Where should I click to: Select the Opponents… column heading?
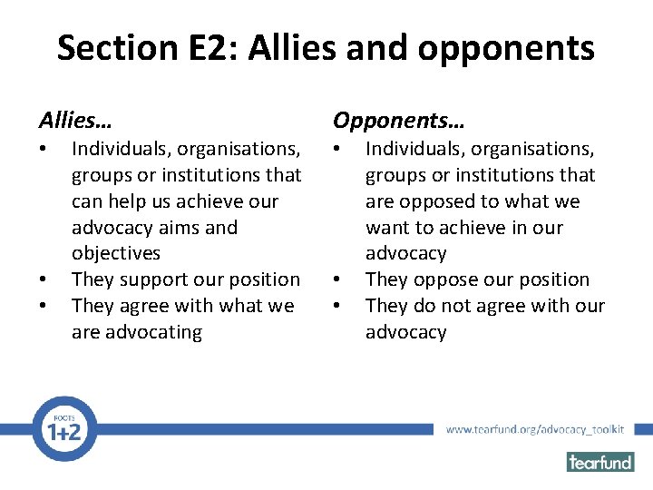(398, 120)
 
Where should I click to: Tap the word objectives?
(115, 254)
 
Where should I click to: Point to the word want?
(387, 228)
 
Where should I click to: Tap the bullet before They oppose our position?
(337, 280)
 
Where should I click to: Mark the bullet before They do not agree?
(337, 307)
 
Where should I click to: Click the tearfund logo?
(599, 461)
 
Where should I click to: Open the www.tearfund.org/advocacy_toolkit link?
(535, 429)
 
